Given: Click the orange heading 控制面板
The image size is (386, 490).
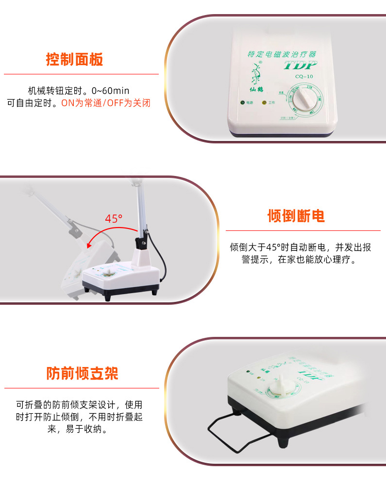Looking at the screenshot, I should point(74,60).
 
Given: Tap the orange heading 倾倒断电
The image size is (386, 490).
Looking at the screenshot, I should point(296,216).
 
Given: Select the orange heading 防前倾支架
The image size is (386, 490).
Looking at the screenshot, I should point(82,373).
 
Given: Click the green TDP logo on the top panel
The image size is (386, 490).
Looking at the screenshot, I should point(300,65).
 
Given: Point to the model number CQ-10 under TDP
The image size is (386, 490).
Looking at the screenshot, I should point(304,76).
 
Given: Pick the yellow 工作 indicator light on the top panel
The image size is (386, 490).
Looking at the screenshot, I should point(264,103).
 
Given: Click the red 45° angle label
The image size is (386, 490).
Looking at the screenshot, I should point(114,219).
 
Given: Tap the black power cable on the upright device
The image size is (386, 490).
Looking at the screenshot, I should point(164,262).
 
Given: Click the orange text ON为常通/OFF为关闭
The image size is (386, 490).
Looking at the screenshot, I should point(106,103).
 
